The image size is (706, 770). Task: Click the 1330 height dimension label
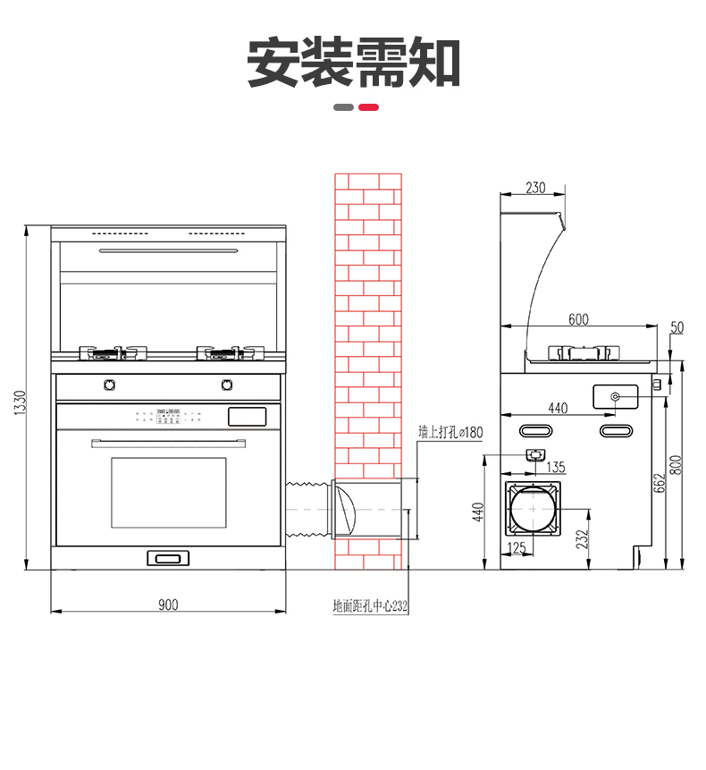click(20, 402)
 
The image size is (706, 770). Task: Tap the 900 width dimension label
click(168, 605)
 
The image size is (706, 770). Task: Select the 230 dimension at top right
click(535, 188)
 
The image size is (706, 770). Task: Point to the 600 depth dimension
click(578, 319)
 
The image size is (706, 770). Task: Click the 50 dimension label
click(677, 327)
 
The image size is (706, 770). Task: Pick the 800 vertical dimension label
click(677, 464)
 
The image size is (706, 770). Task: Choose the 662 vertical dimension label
click(660, 483)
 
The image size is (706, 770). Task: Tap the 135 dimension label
click(556, 467)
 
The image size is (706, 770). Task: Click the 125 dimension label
click(517, 547)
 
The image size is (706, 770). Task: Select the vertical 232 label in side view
click(582, 539)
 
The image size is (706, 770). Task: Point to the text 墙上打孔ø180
click(450, 432)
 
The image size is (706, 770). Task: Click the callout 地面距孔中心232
click(370, 606)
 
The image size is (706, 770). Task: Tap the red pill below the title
click(368, 107)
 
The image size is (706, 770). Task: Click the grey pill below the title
click(343, 107)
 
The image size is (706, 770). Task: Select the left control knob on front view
click(109, 385)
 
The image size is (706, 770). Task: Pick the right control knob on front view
click(227, 385)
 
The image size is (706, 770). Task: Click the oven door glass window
click(169, 493)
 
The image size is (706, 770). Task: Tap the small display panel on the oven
click(248, 417)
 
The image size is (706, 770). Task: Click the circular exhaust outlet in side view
click(533, 509)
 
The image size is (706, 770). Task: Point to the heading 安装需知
click(353, 63)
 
